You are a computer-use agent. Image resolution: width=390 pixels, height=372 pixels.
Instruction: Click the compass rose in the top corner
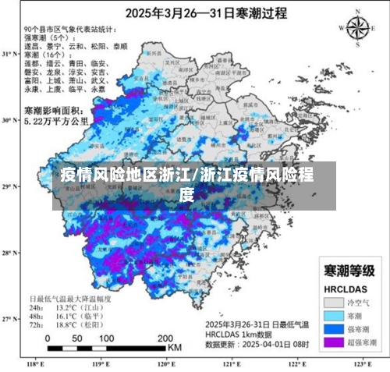[x=357, y=28]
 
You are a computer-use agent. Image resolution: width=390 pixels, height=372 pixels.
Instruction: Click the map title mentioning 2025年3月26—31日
[x=194, y=12]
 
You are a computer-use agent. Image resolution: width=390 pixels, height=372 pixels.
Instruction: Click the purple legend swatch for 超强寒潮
[x=334, y=342]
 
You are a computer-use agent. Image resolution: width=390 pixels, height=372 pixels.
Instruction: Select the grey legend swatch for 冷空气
[x=334, y=301]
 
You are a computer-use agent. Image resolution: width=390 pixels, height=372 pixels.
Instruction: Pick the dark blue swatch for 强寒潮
[x=334, y=328]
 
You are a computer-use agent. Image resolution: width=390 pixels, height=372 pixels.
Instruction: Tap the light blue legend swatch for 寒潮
[x=334, y=315]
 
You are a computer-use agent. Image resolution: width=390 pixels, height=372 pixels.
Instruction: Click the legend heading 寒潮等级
[x=348, y=271]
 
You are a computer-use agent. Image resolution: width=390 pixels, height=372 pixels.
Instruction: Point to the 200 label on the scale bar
[x=165, y=338]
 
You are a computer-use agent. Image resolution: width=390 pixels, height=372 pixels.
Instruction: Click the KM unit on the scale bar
[x=175, y=347]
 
